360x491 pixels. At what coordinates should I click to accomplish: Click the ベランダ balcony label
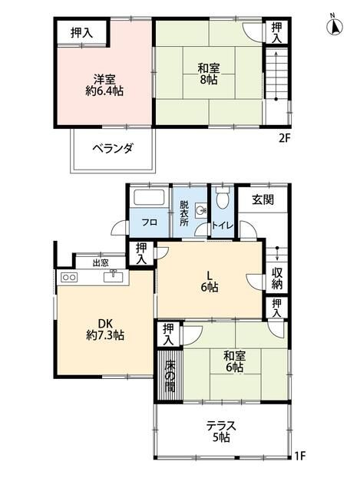(x=114, y=148)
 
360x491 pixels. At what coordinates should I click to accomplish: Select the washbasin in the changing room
(x=202, y=209)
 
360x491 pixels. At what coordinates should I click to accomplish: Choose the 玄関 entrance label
(x=263, y=199)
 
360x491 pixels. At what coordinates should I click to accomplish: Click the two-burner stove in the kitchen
(x=69, y=277)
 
